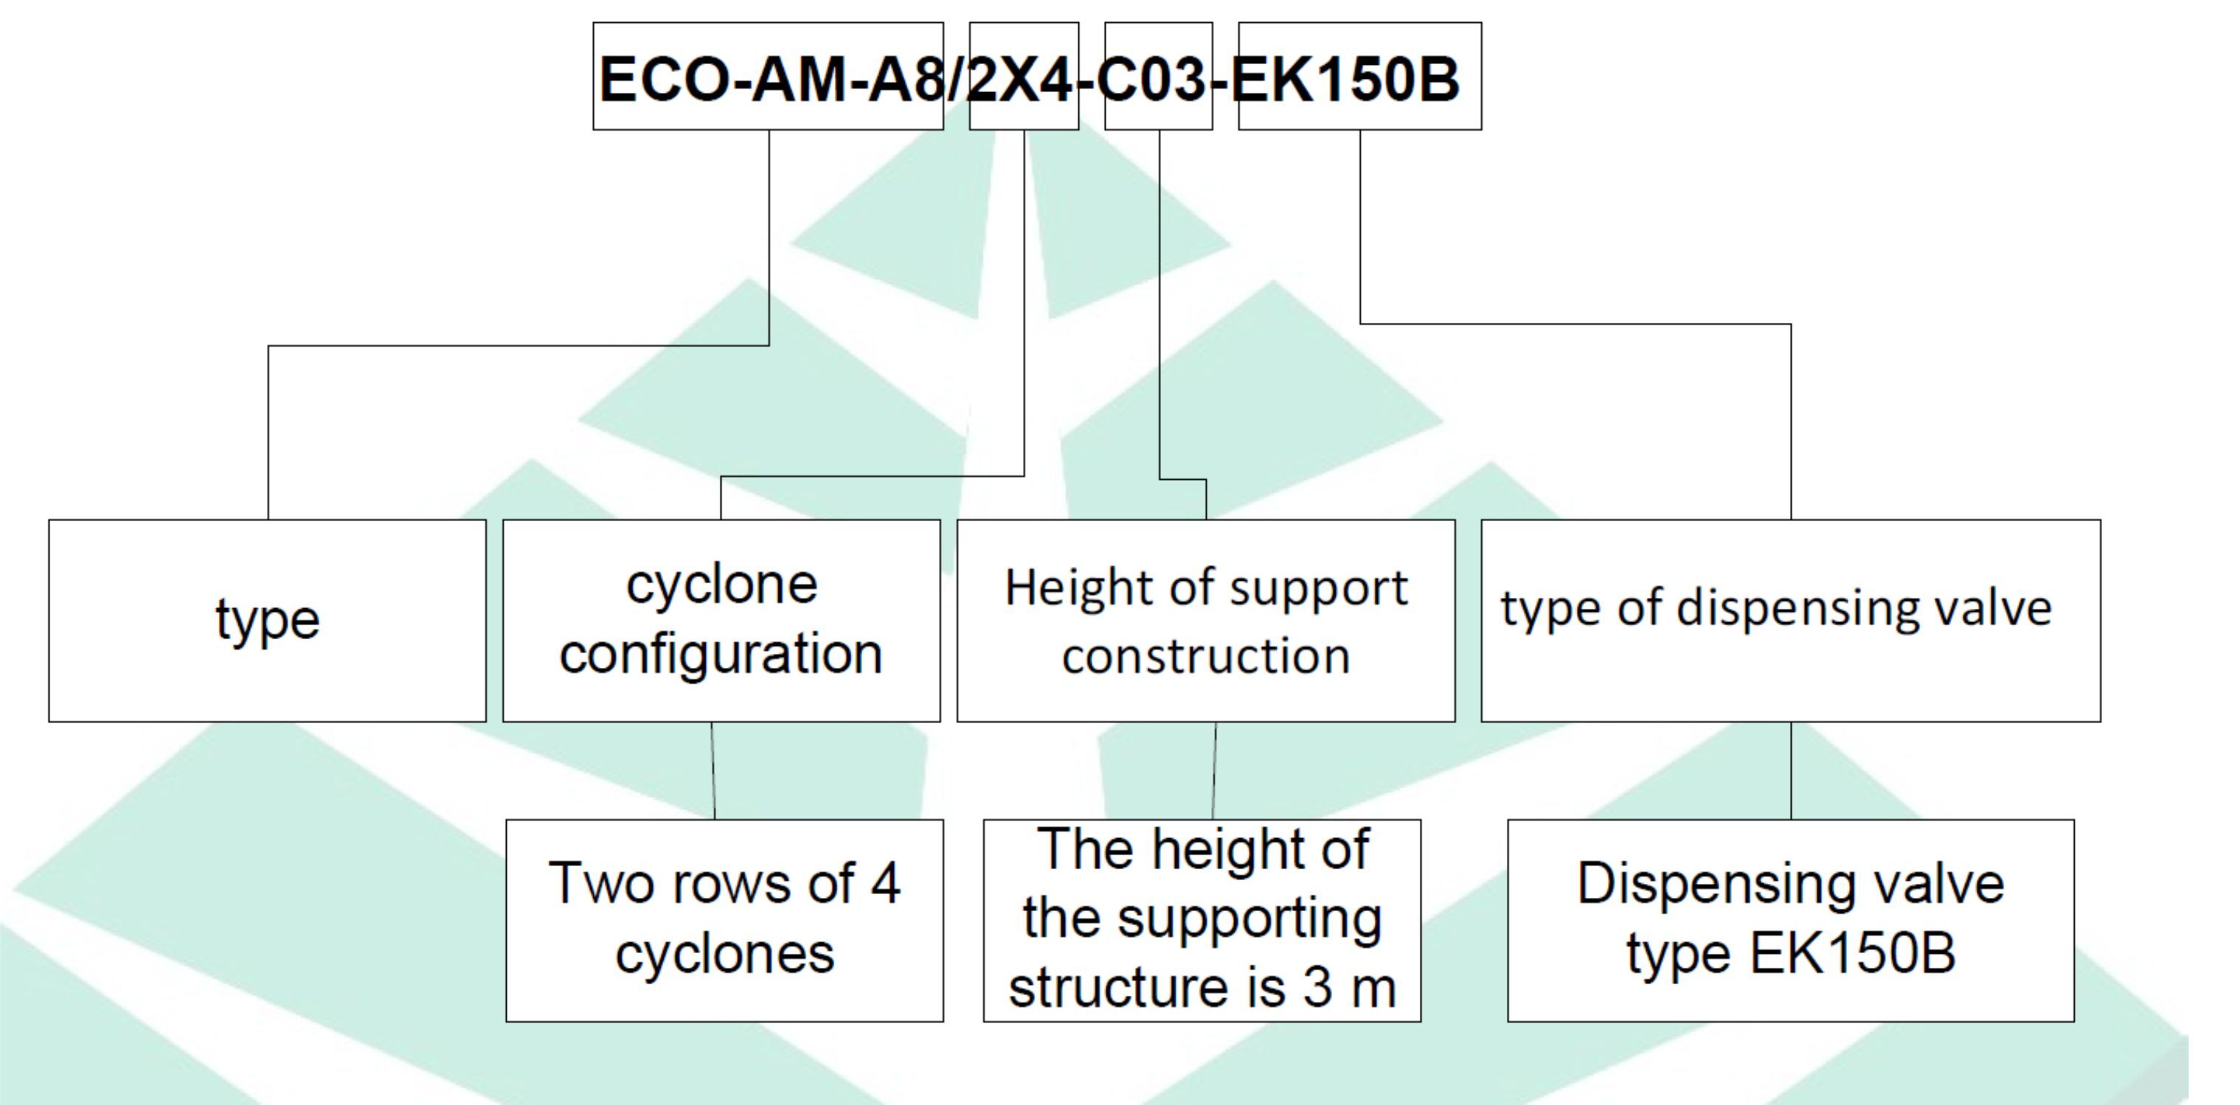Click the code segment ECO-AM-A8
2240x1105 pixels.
click(x=769, y=78)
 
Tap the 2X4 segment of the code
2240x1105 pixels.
click(x=1022, y=78)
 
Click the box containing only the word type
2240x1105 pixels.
click(x=267, y=621)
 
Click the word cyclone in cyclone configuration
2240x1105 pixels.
click(x=722, y=585)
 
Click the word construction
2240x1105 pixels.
click(x=1206, y=655)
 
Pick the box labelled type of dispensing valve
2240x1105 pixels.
click(x=1789, y=621)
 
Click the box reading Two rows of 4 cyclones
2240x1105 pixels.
click(x=724, y=920)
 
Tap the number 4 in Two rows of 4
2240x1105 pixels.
click(x=885, y=883)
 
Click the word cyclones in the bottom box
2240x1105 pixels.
click(x=724, y=954)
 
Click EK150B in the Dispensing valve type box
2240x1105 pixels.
click(x=1852, y=954)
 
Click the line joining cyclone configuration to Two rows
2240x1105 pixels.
click(x=713, y=770)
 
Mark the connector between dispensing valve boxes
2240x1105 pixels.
click(x=1790, y=770)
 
